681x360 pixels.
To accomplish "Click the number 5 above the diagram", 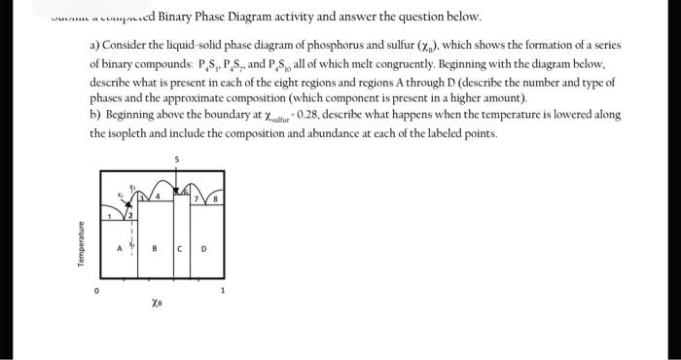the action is click(x=177, y=159).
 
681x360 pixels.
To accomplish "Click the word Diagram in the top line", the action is click(x=253, y=17).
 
